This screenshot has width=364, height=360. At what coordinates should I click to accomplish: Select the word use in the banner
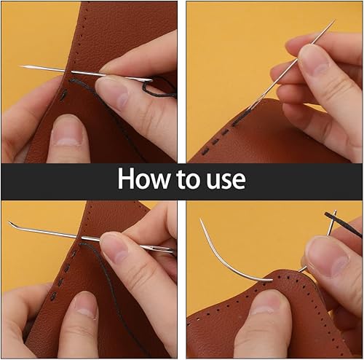pyautogui.click(x=226, y=182)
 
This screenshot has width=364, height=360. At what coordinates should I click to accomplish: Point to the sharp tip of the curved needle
pyautogui.click(x=201, y=219)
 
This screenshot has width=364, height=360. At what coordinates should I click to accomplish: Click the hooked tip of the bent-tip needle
pyautogui.click(x=9, y=222)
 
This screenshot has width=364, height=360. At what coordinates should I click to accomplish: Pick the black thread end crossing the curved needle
pyautogui.click(x=342, y=223)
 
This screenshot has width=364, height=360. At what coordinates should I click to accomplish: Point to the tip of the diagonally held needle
pyautogui.click(x=334, y=21)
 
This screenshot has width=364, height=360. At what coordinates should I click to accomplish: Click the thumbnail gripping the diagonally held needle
pyautogui.click(x=313, y=58)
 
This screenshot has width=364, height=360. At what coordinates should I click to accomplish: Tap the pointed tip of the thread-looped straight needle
pyautogui.click(x=20, y=66)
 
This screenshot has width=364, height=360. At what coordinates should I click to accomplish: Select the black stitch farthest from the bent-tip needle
pyautogui.click(x=53, y=295)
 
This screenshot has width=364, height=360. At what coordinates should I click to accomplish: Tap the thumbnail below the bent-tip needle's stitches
pyautogui.click(x=87, y=305)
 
